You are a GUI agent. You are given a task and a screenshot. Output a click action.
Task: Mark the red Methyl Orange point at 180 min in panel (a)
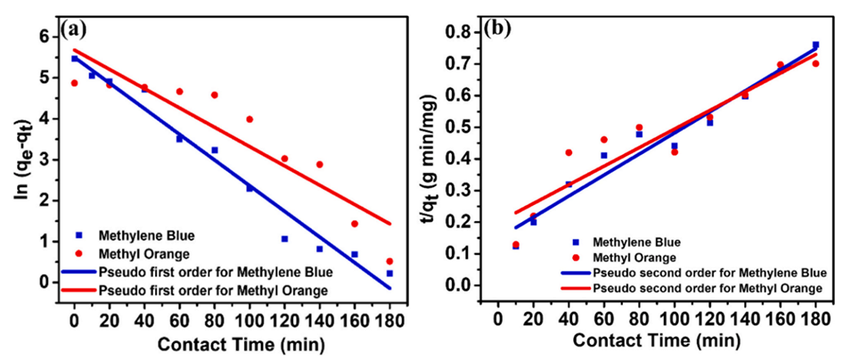(389, 261)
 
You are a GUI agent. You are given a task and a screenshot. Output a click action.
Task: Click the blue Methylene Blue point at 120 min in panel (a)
(284, 239)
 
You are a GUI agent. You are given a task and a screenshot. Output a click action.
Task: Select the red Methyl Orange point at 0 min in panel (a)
(75, 83)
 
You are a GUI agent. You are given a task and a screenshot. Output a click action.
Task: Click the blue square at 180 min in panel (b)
(814, 45)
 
